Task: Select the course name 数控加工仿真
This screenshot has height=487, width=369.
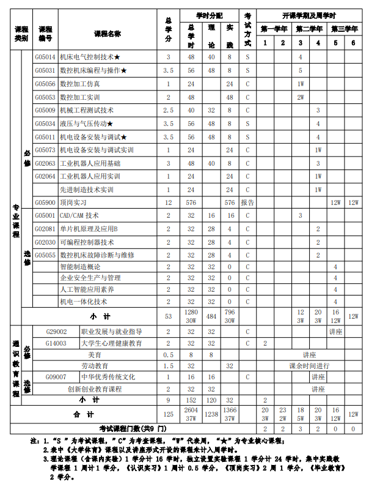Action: (80, 84)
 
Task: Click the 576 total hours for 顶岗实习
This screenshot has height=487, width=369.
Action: (191, 203)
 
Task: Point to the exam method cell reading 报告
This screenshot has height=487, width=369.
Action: (247, 203)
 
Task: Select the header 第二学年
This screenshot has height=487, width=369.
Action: (309, 29)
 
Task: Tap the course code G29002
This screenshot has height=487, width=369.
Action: (56, 332)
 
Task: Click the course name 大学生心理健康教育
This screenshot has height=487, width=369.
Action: (111, 343)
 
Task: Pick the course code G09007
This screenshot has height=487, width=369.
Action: (56, 377)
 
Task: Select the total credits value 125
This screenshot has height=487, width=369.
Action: (169, 415)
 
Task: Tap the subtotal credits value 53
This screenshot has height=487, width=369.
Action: (169, 316)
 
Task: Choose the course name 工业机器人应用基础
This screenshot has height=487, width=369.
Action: (90, 163)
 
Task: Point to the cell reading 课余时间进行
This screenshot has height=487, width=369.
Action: (309, 366)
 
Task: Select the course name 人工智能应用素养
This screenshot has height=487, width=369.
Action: (87, 289)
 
